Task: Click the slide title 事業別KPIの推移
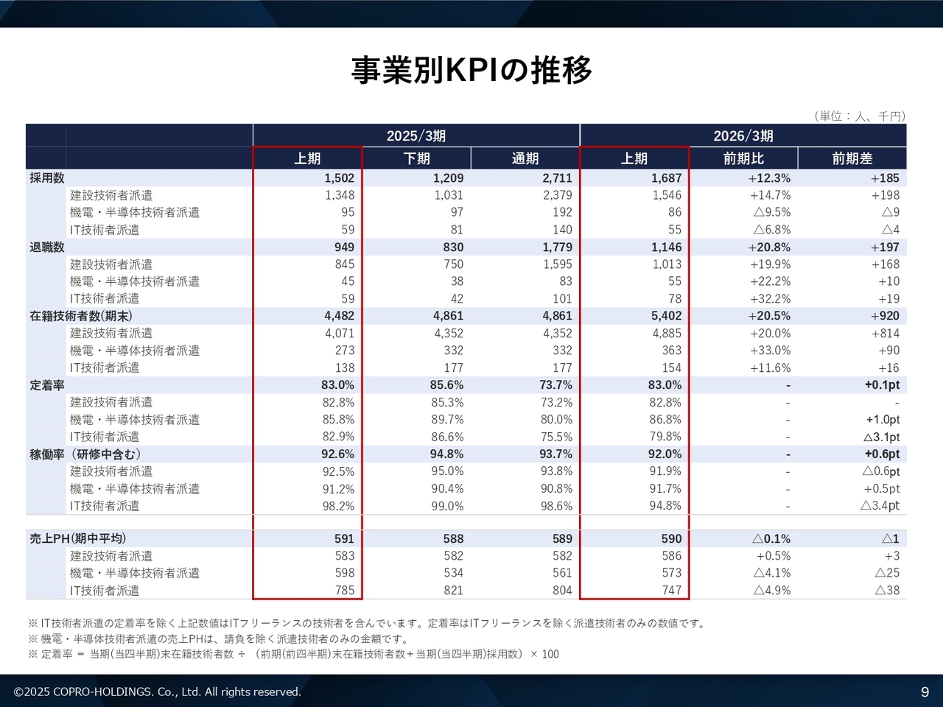pyautogui.click(x=471, y=71)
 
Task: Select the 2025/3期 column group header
pyautogui.click(x=416, y=136)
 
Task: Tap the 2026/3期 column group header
pyautogui.click(x=743, y=136)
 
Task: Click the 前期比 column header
pyautogui.click(x=743, y=158)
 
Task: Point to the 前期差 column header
pyautogui.click(x=852, y=158)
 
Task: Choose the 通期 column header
pyautogui.click(x=525, y=158)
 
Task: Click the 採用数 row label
pyautogui.click(x=47, y=178)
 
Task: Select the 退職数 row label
pyautogui.click(x=47, y=247)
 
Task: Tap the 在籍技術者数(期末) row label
pyautogui.click(x=82, y=316)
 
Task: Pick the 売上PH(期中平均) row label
pyautogui.click(x=78, y=538)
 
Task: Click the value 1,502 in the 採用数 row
pyautogui.click(x=339, y=178)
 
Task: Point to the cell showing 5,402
pyautogui.click(x=666, y=316)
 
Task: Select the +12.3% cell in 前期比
pyautogui.click(x=769, y=178)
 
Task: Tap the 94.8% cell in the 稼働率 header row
pyautogui.click(x=446, y=454)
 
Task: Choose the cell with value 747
pyautogui.click(x=671, y=590)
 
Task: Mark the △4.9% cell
pyautogui.click(x=771, y=590)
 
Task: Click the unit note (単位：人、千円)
pyautogui.click(x=860, y=116)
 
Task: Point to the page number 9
pyautogui.click(x=925, y=692)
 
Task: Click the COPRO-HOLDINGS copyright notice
pyautogui.click(x=158, y=692)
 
